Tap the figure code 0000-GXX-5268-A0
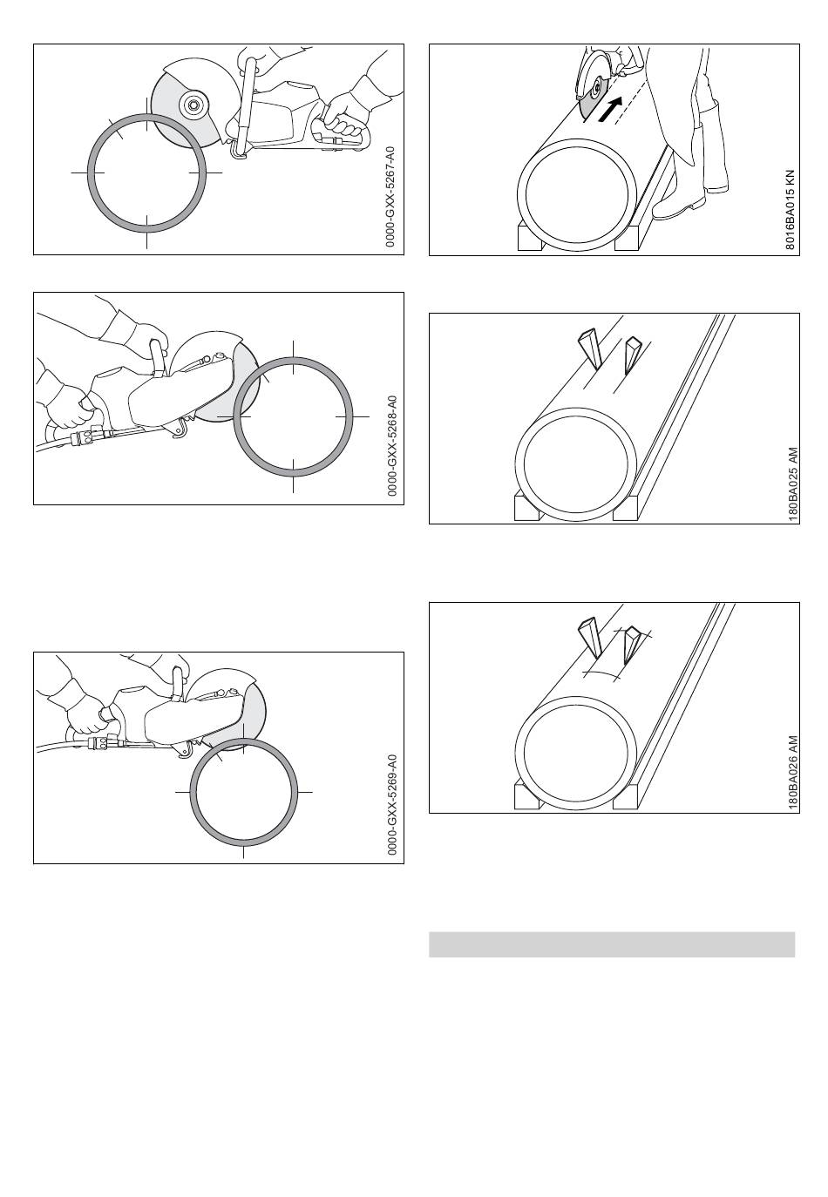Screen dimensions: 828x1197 [x=392, y=446]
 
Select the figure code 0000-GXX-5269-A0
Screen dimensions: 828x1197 [x=392, y=805]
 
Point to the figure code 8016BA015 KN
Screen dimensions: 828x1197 [x=790, y=211]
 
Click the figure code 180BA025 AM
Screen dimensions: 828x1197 [x=793, y=484]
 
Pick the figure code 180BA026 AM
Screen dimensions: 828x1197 [x=793, y=774]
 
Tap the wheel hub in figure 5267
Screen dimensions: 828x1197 [x=190, y=105]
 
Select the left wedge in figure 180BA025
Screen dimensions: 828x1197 [x=590, y=349]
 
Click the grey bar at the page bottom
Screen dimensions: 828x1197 [x=612, y=944]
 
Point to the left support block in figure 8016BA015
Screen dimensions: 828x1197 [x=529, y=238]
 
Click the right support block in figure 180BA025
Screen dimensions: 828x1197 [x=626, y=508]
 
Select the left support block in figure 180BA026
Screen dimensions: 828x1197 [x=527, y=796]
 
